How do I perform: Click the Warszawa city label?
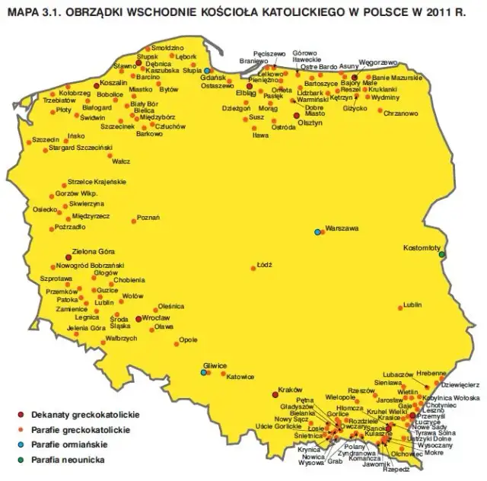pos(340,228)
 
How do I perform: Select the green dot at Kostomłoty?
pos(441,253)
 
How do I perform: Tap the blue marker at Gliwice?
pos(203,372)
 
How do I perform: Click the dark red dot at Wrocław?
pos(138,319)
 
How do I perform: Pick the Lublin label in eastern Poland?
pos(412,305)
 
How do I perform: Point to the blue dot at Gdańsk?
pos(206,71)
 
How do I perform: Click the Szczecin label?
pos(45,141)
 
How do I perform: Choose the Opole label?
pos(189,339)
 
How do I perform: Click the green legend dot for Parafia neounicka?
pos(20,460)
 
